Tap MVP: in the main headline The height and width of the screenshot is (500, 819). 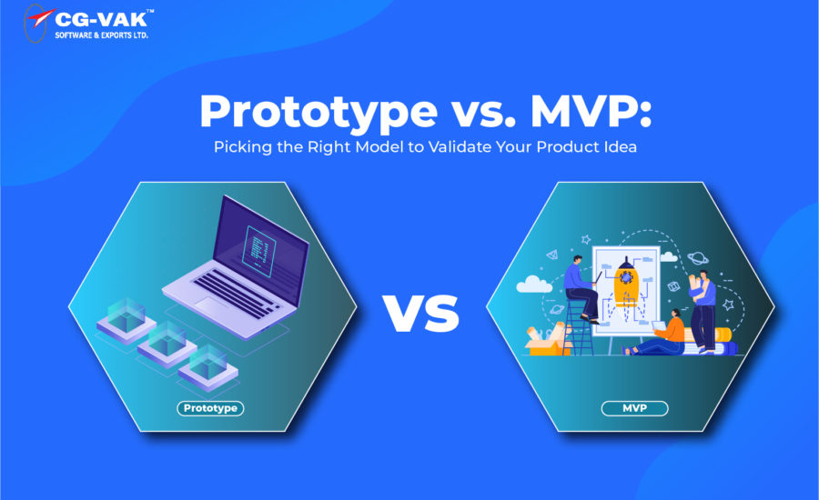tap(591, 111)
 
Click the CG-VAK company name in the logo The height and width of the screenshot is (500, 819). tap(101, 19)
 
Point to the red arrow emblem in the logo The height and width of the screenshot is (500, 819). tap(41, 18)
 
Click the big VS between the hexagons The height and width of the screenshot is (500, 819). tap(421, 313)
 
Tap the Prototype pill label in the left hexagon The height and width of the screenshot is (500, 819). tap(210, 408)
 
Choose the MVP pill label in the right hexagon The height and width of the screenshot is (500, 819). tap(634, 408)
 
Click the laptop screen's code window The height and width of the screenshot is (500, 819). tap(259, 251)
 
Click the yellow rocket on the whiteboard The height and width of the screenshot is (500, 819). tap(626, 281)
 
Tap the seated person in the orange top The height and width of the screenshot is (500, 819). tap(657, 334)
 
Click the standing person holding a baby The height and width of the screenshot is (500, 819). tap(703, 312)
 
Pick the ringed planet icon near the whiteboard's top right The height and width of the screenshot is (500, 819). tap(697, 258)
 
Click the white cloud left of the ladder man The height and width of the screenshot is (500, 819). tap(533, 284)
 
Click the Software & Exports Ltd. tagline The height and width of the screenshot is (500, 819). tap(101, 35)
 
